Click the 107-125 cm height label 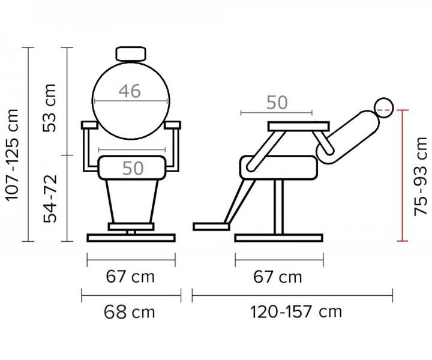point(13,155)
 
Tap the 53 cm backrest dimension point(50,107)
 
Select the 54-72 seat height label point(50,199)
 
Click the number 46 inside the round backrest point(130,91)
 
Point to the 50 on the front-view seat point(133,168)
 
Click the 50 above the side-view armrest point(277,103)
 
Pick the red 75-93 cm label point(421,176)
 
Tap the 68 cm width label point(129,312)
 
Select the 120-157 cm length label point(296,312)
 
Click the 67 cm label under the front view point(130,276)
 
